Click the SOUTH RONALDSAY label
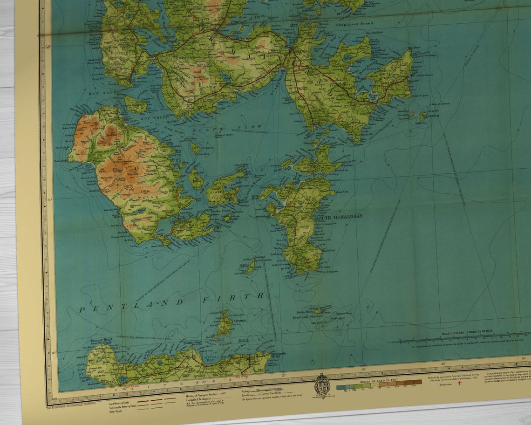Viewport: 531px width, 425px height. tap(339, 217)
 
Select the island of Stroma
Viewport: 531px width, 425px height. tap(225, 324)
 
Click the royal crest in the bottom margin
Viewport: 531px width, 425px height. tap(321, 385)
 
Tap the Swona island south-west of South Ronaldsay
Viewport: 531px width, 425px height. tap(250, 266)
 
